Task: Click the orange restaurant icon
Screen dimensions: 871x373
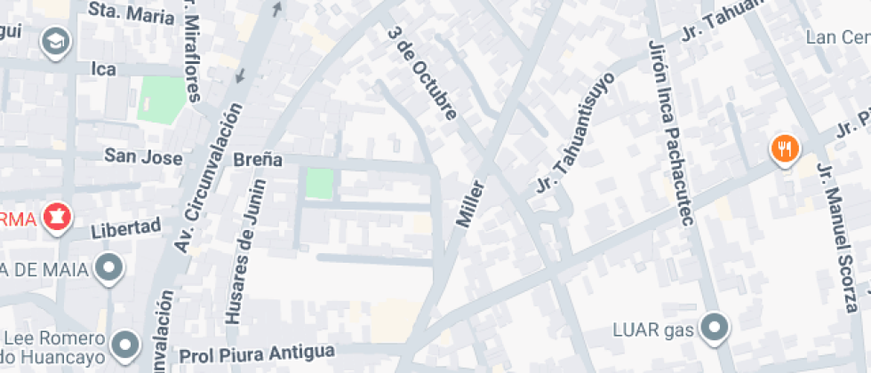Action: point(784,148)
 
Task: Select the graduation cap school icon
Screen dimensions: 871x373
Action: point(55,40)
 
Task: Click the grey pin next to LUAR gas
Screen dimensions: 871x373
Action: point(715,329)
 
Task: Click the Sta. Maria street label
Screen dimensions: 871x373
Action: point(132,12)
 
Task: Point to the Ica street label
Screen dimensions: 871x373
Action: point(105,67)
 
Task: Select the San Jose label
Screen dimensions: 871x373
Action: point(143,157)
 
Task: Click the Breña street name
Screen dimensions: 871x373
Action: point(258,160)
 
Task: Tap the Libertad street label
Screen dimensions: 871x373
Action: point(127,229)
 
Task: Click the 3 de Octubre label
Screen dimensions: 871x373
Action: point(423,73)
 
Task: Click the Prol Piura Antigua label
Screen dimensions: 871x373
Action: point(257,354)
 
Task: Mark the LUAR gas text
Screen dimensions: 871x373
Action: point(652,330)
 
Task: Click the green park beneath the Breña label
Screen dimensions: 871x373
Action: point(319,184)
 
